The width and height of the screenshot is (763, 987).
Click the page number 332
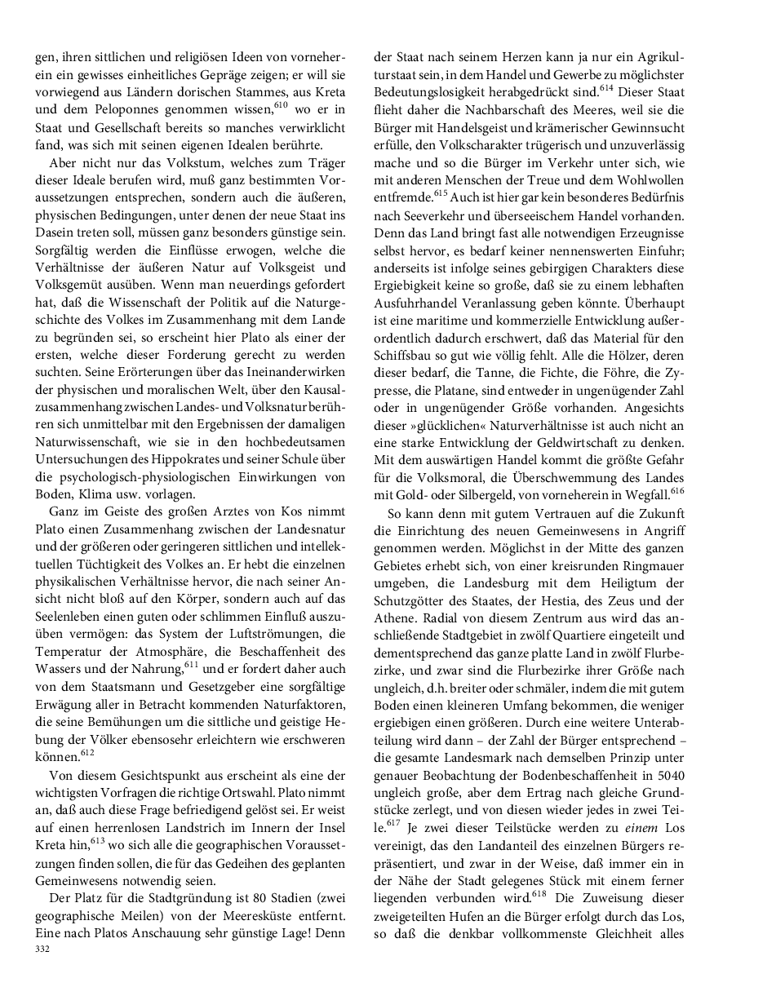43,949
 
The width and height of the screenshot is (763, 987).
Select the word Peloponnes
134,109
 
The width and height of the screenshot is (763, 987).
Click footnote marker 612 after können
88,752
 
